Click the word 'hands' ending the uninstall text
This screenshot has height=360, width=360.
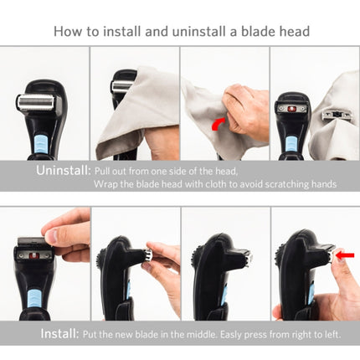point(324,183)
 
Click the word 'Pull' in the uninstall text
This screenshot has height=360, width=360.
point(105,170)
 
